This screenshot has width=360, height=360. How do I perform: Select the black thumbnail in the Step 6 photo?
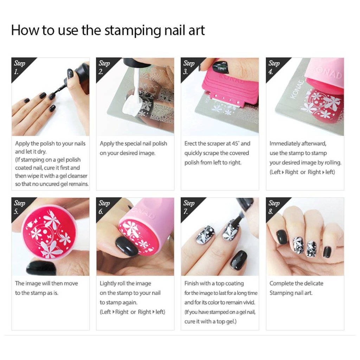(126, 246)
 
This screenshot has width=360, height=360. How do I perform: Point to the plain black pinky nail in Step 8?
(327, 252)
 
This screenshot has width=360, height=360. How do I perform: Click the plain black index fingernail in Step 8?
(282, 237)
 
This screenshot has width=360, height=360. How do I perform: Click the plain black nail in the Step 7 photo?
(239, 259)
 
